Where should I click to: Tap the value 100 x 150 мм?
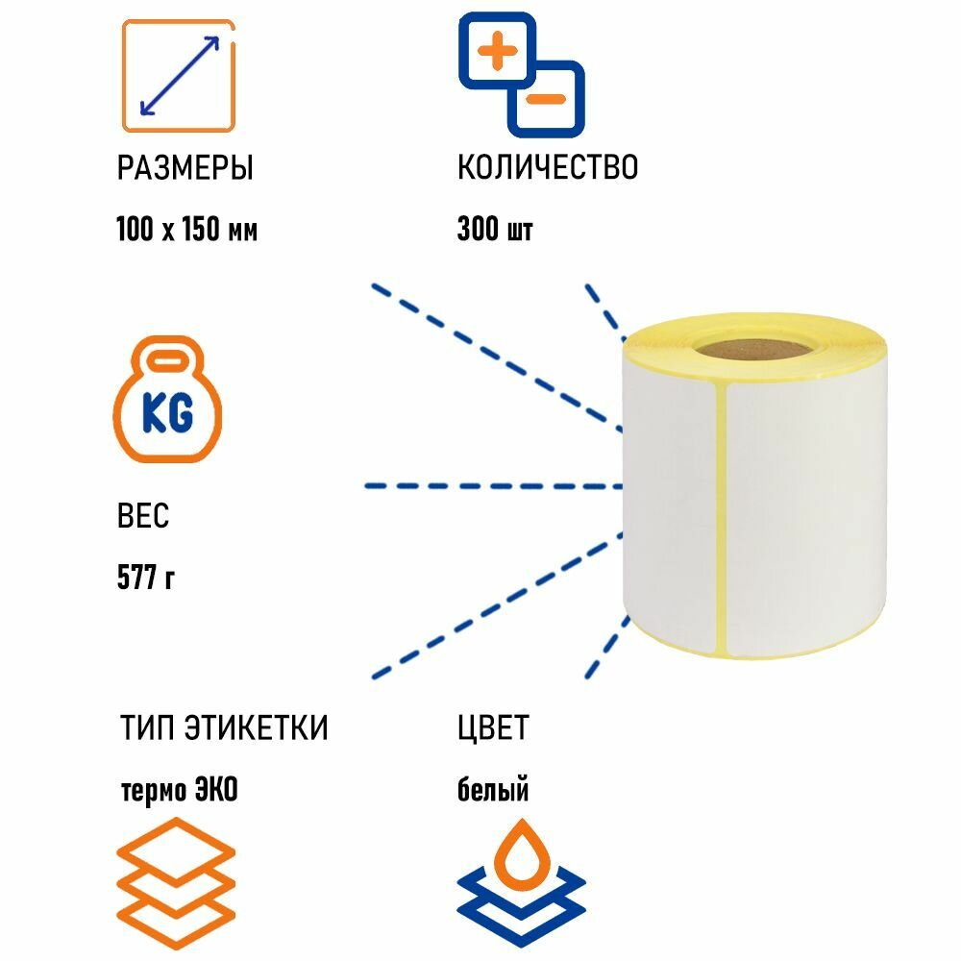click(x=186, y=231)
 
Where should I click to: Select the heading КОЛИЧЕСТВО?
click(x=547, y=167)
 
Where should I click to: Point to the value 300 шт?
click(x=495, y=231)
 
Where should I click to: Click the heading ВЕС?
click(x=142, y=517)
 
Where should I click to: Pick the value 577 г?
click(x=145, y=579)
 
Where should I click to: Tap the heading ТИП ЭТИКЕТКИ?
click(x=224, y=728)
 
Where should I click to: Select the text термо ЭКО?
click(x=179, y=791)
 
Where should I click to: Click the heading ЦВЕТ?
click(x=492, y=728)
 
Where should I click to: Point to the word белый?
click(x=492, y=791)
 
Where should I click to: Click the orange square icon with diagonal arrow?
click(x=179, y=75)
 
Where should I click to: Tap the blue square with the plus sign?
click(x=496, y=50)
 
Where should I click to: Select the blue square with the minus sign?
click(x=546, y=98)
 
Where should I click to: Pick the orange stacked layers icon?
click(x=176, y=872)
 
